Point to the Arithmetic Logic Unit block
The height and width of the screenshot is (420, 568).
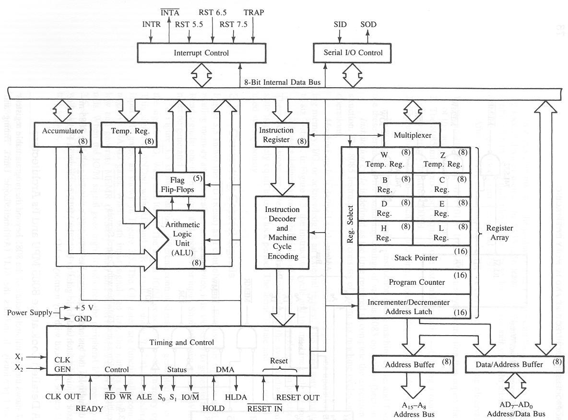[182, 238]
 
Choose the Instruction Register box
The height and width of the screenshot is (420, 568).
[281, 135]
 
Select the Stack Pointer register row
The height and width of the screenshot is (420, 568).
[414, 257]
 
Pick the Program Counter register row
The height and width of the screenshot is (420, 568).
[414, 282]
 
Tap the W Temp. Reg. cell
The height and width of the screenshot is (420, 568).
[385, 160]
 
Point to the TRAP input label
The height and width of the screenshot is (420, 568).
[254, 12]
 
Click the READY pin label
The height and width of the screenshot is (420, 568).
[90, 408]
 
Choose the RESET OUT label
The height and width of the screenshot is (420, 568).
[297, 397]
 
